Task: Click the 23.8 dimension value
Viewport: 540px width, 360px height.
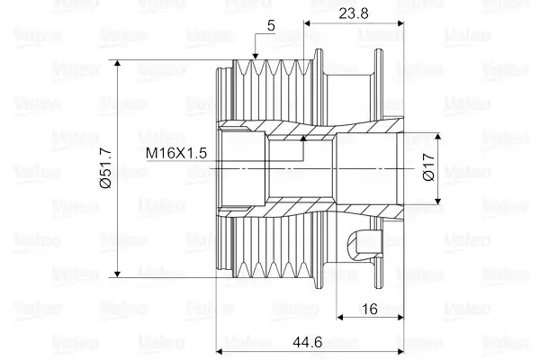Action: click(x=354, y=13)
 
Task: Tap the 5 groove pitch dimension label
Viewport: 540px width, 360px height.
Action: click(x=272, y=26)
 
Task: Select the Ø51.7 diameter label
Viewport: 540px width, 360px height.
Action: click(x=105, y=168)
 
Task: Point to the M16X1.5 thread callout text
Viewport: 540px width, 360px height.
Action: click(x=176, y=153)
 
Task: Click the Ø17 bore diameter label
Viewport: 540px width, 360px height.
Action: click(x=429, y=167)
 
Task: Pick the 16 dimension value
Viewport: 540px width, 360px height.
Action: click(x=370, y=309)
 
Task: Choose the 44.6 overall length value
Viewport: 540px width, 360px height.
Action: click(x=308, y=342)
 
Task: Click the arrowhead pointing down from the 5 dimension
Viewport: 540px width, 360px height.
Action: click(x=256, y=57)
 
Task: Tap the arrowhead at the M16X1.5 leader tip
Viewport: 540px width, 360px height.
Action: click(x=303, y=138)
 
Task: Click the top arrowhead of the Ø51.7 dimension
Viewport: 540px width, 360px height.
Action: click(x=117, y=63)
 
